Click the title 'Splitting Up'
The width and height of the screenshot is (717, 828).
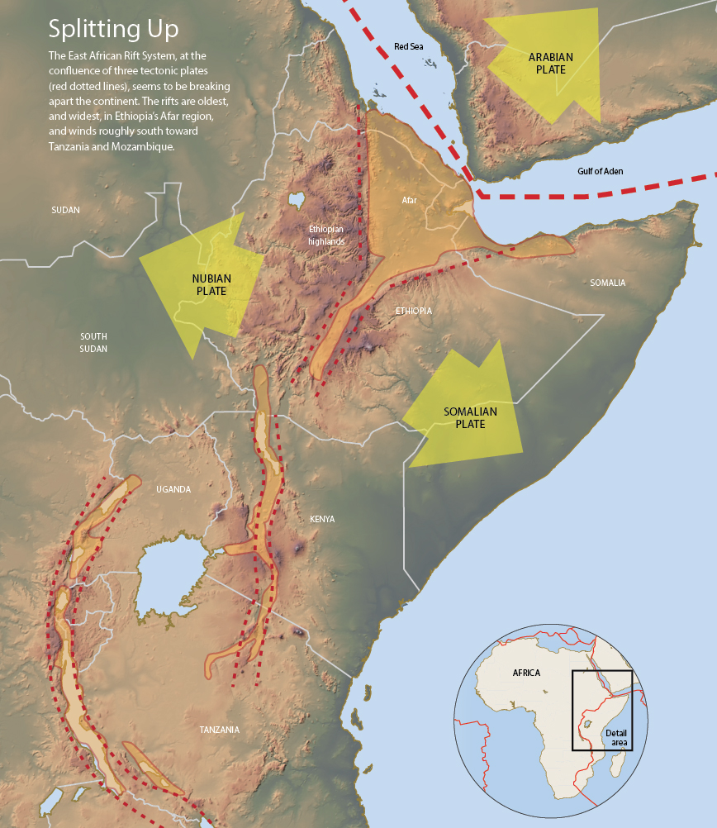click(113, 29)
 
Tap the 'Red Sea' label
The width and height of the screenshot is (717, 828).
click(408, 47)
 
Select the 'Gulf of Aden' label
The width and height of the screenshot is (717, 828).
click(601, 171)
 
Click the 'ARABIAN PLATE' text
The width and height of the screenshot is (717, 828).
click(550, 64)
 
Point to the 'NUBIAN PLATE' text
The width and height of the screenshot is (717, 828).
click(211, 285)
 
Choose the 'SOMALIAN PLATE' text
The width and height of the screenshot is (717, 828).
click(463, 418)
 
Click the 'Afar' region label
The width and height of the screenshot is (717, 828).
click(410, 201)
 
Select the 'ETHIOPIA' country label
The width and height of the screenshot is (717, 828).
click(413, 311)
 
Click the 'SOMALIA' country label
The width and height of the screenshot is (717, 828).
click(607, 283)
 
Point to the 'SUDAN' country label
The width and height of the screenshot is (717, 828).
click(65, 210)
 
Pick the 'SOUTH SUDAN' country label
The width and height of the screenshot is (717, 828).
click(93, 342)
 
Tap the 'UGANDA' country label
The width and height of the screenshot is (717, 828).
click(173, 489)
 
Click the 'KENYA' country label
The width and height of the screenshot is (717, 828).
click(322, 519)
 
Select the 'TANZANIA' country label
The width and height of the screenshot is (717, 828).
click(219, 730)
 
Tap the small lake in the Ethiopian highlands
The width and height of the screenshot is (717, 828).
click(296, 200)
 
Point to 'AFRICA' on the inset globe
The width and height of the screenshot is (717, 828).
click(526, 673)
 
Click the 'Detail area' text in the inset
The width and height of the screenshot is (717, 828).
click(616, 738)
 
